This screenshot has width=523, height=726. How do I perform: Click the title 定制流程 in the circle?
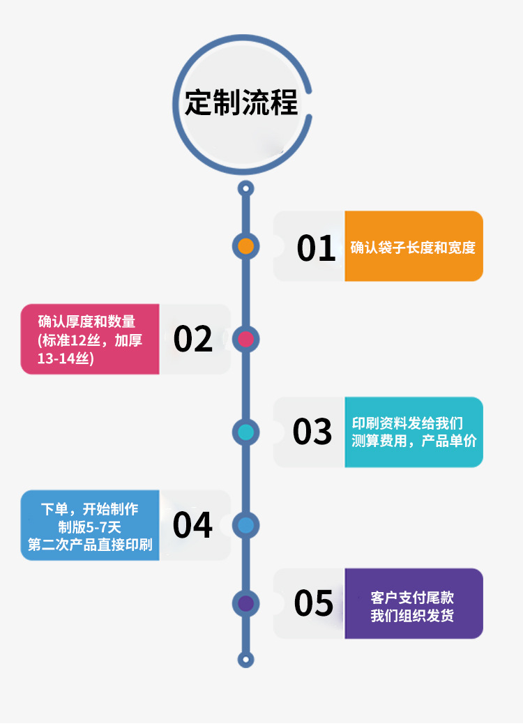click(x=241, y=103)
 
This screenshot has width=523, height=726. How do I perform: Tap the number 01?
click(x=316, y=248)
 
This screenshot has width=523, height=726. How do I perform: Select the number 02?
click(x=193, y=340)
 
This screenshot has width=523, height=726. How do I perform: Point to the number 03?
click(x=312, y=432)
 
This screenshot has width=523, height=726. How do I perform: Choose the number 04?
click(x=192, y=525)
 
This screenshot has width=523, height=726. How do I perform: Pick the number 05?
click(x=314, y=603)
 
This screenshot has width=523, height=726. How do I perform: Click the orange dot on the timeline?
click(x=245, y=246)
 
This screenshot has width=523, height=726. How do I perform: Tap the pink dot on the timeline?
click(x=245, y=340)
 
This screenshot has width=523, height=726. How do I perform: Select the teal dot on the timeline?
click(x=245, y=432)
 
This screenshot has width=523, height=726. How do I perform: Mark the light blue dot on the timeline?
click(x=245, y=525)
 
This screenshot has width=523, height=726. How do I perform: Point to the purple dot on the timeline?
click(x=245, y=603)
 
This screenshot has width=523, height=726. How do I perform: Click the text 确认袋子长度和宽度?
click(x=413, y=248)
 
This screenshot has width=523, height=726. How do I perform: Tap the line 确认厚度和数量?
click(x=86, y=322)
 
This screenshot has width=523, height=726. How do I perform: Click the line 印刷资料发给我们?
click(x=407, y=423)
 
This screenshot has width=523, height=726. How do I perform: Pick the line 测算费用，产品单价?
click(x=414, y=441)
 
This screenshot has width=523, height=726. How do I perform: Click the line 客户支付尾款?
click(x=412, y=598)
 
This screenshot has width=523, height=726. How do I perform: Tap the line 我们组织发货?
click(x=412, y=616)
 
